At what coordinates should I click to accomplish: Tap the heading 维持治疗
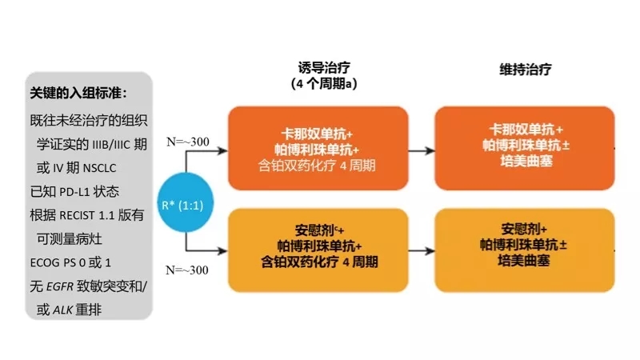coord(525,69)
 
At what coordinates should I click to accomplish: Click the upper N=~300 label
coord(188,142)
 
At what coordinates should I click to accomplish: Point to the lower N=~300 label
coord(188,270)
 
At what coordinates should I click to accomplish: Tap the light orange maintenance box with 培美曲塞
coord(525,243)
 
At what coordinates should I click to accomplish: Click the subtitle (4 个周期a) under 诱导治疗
coord(325,84)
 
